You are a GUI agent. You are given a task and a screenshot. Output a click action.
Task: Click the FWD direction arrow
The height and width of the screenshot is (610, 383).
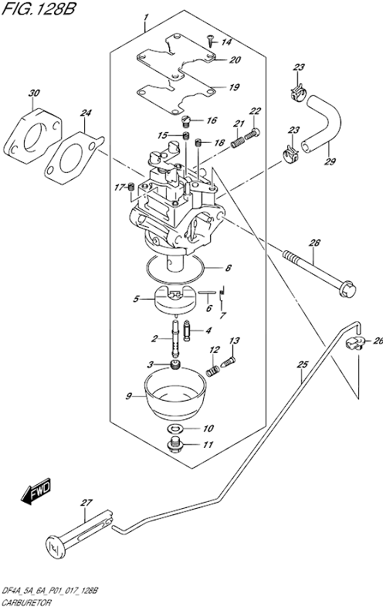point(36,491)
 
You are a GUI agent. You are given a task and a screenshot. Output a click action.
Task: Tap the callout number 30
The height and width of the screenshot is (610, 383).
point(34,93)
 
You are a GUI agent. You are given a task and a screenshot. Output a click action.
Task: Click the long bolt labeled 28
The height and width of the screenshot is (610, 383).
point(319,274)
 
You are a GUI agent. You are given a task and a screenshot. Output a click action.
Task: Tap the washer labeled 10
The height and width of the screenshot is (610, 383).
point(175,429)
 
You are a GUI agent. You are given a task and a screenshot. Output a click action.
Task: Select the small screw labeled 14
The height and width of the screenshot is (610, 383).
point(211,40)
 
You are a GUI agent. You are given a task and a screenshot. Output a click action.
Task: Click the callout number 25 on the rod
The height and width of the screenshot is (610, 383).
point(303,364)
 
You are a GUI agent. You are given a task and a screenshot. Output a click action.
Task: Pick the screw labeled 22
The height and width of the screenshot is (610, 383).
point(253,134)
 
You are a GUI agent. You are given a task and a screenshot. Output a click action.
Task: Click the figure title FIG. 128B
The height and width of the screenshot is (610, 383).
point(39,8)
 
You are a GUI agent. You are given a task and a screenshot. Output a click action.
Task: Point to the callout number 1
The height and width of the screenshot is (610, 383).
point(146,18)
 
